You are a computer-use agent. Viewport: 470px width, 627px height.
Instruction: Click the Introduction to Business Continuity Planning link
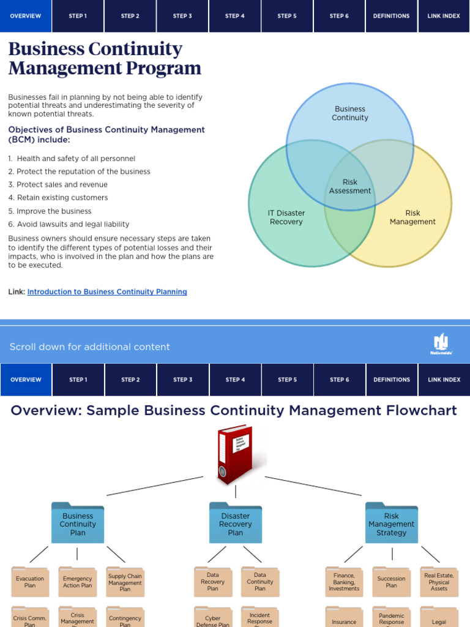(x=107, y=292)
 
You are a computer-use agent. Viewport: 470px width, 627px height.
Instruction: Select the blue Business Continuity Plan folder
(x=78, y=524)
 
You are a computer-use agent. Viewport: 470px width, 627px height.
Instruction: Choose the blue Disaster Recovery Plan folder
(x=236, y=524)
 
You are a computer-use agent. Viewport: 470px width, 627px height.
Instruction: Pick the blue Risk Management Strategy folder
(x=392, y=524)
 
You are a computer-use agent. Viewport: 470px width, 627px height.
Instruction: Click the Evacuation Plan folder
(x=30, y=582)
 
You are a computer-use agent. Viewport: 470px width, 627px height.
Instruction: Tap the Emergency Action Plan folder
(x=78, y=582)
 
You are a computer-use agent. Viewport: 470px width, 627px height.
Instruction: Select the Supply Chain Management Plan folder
(x=125, y=582)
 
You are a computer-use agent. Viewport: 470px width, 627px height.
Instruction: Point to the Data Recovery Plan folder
(x=212, y=582)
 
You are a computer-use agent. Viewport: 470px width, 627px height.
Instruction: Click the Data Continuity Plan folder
(x=260, y=582)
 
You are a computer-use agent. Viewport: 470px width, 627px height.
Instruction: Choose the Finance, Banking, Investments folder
(x=344, y=582)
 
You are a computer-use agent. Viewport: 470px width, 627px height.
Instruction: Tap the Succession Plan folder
(x=392, y=582)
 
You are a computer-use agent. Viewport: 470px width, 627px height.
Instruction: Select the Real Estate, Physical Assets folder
(x=439, y=582)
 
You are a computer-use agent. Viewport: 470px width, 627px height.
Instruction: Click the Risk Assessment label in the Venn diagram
(x=350, y=186)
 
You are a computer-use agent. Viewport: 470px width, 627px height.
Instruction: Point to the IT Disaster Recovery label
(x=286, y=217)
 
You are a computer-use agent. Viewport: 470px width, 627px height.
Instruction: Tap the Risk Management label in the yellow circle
(x=412, y=217)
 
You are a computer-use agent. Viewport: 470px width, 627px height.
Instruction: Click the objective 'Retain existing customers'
(x=62, y=198)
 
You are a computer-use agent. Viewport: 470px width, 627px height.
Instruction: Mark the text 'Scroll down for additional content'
(x=90, y=347)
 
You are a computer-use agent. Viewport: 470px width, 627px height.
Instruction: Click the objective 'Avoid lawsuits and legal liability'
(x=73, y=224)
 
